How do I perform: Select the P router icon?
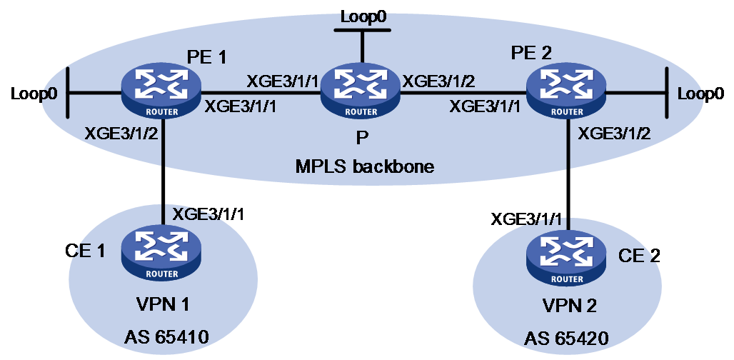[361, 93]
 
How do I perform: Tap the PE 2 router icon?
[565, 93]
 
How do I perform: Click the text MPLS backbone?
[365, 166]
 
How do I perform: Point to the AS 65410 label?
[166, 336]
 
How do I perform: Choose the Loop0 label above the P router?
[363, 17]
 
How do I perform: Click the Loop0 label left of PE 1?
[34, 94]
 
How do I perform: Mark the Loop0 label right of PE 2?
[700, 94]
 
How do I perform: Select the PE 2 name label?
[531, 52]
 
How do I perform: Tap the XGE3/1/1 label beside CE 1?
[208, 215]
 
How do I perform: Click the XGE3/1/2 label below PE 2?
[614, 134]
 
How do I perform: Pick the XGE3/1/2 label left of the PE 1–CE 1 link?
[121, 134]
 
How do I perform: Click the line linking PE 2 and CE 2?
[568, 174]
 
